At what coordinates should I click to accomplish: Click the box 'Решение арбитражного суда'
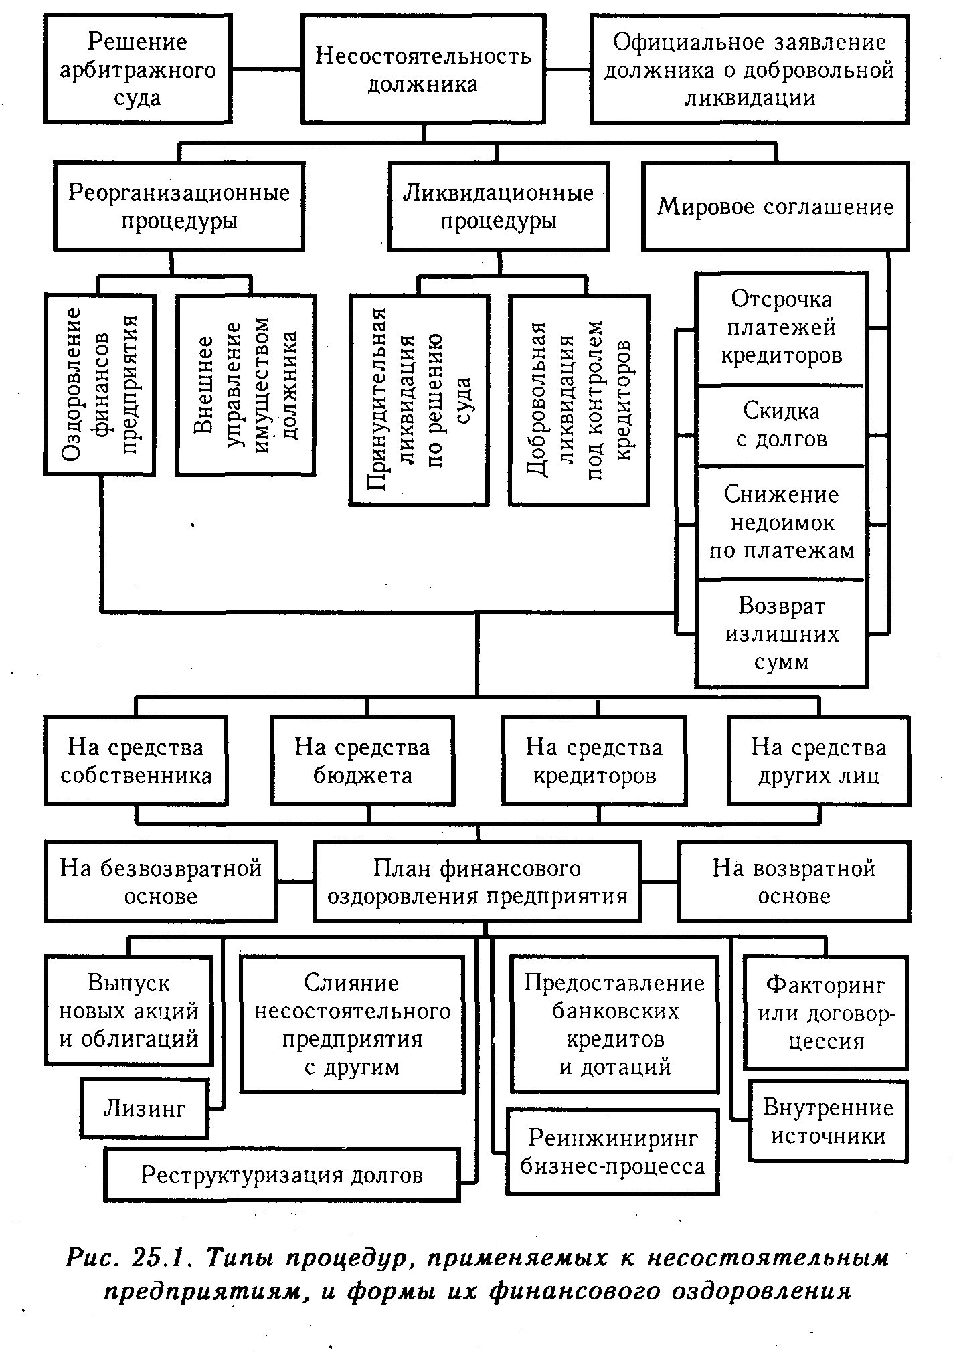[x=138, y=70]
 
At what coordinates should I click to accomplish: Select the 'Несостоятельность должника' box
[x=423, y=70]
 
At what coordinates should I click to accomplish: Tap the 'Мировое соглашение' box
[x=776, y=206]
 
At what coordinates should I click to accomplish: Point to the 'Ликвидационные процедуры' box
[x=499, y=206]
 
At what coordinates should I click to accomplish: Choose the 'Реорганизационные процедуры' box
[x=179, y=206]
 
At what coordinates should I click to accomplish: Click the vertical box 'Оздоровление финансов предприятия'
[x=100, y=385]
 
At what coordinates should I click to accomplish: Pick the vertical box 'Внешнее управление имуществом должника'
[x=246, y=385]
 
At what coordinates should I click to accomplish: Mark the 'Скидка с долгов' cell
[x=781, y=426]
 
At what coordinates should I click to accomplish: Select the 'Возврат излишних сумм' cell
[x=781, y=634]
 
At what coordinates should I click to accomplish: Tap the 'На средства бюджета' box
[x=362, y=761]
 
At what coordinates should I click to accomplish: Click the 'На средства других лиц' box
[x=818, y=761]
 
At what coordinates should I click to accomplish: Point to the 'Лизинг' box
[x=145, y=1109]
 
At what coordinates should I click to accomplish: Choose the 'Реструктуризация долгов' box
[x=282, y=1175]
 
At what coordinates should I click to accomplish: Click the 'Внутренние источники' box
[x=828, y=1122]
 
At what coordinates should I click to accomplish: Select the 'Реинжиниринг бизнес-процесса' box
[x=612, y=1152]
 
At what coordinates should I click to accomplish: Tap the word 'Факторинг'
[x=826, y=985]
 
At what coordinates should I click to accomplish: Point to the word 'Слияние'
[x=351, y=982]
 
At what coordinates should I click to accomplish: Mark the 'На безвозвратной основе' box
[x=161, y=882]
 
